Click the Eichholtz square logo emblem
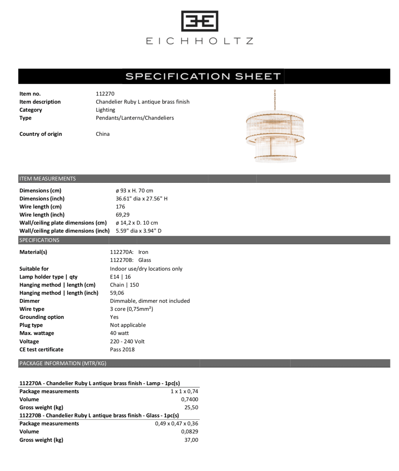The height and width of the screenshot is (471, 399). click(x=200, y=21)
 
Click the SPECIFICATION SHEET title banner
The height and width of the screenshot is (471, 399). click(x=203, y=76)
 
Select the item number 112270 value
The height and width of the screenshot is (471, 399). click(x=105, y=94)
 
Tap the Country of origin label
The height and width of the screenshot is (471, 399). click(x=41, y=134)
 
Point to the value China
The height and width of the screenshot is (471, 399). click(x=102, y=134)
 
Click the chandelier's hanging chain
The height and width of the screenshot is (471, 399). click(x=275, y=100)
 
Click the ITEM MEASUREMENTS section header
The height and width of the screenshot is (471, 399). click(x=47, y=179)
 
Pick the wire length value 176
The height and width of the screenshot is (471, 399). click(x=120, y=207)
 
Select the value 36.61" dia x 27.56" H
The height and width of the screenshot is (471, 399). click(x=141, y=199)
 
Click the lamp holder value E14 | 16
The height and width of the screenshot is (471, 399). click(x=120, y=277)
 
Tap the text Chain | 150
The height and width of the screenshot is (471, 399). click(x=124, y=285)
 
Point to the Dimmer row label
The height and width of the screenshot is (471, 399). click(x=30, y=301)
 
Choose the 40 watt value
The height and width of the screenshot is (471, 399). click(x=119, y=333)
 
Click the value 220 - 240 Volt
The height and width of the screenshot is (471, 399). click(x=127, y=341)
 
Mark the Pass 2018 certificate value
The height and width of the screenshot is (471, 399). click(x=122, y=349)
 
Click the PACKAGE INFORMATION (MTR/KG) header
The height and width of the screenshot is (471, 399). click(x=63, y=363)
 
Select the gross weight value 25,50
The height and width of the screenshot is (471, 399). click(x=191, y=407)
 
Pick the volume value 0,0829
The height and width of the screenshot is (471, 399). click(x=190, y=431)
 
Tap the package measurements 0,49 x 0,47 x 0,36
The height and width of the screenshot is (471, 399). click(x=176, y=423)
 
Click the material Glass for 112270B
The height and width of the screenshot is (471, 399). click(x=144, y=260)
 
